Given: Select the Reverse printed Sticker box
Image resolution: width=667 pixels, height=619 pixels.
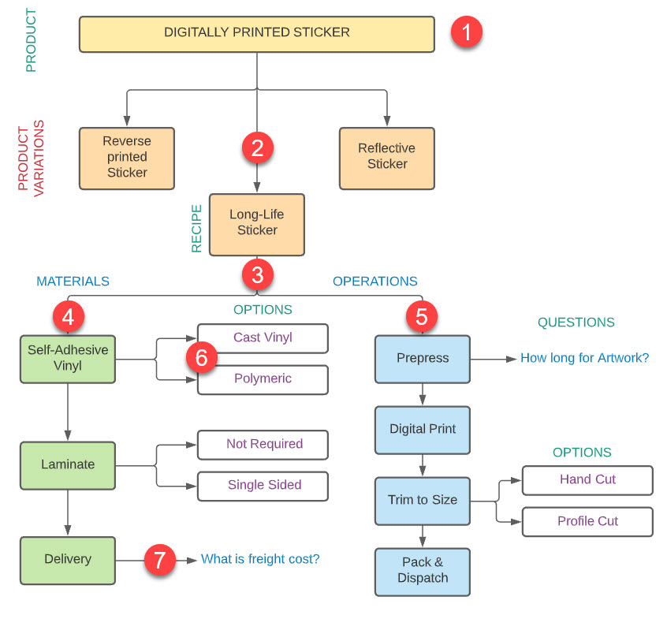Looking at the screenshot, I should pos(126,158).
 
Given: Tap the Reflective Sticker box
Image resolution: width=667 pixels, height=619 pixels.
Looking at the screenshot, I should pos(386,157).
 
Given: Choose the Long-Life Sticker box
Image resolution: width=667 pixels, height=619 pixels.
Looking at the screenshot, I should pos(256,224).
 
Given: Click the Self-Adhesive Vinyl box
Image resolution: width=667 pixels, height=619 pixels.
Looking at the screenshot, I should pos(67,359).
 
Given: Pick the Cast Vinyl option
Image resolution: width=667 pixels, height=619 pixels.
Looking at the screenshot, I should pos(263,337).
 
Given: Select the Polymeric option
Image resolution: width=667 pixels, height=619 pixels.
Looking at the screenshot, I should pos(263,379).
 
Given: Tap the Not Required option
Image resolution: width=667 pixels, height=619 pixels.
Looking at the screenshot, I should pos(263,445).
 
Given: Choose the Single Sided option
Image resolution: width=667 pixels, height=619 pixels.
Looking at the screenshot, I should pos(263,486).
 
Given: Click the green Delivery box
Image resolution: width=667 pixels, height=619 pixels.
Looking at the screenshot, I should pos(67,560).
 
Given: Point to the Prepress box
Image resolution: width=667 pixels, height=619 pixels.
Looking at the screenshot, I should pos(422,359).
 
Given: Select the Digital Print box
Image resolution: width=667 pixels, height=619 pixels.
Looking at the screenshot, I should pos(422,430).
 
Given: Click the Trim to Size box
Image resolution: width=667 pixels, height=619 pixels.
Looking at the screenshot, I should pos(422,500).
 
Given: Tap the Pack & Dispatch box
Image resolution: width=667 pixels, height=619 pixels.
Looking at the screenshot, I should pos(422,571).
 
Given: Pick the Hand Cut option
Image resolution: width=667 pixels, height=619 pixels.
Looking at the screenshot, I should pos(587,479).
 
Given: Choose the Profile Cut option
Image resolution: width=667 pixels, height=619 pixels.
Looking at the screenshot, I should pos(587,522).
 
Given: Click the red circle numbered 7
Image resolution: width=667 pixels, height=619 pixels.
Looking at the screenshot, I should pos(160,561).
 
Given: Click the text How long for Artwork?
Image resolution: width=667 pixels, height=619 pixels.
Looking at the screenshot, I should pos(584,358).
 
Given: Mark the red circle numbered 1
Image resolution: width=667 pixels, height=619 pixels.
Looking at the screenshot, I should pos(466,33).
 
